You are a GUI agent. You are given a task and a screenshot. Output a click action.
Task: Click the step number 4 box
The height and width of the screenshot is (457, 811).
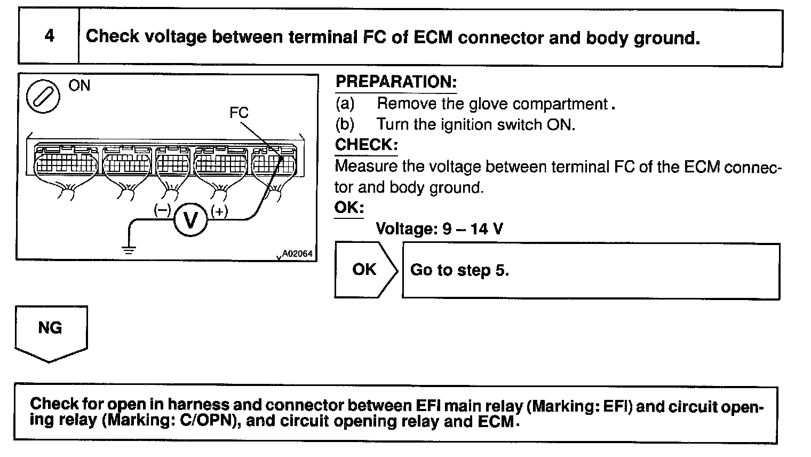click(49, 36)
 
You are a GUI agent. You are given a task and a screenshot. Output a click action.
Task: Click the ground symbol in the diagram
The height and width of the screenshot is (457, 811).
click(128, 248)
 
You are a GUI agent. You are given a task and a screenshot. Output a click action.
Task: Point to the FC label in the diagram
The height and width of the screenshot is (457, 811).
click(238, 113)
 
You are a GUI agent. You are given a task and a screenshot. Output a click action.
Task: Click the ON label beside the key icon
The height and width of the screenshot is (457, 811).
click(79, 85)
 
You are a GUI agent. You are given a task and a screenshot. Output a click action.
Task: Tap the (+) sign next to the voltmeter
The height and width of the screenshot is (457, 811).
click(219, 211)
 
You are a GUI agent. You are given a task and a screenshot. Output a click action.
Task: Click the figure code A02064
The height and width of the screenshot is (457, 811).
click(297, 254)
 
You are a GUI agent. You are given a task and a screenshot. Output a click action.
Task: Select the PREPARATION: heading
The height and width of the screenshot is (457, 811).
click(396, 82)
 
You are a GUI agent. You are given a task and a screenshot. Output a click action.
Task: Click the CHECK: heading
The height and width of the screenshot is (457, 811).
click(366, 145)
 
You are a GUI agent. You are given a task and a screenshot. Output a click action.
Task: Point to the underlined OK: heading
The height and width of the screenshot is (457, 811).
click(349, 208)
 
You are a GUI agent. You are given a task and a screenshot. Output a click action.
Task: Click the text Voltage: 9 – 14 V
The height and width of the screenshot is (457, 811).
click(439, 229)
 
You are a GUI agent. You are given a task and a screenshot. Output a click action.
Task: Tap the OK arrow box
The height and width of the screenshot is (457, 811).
click(365, 270)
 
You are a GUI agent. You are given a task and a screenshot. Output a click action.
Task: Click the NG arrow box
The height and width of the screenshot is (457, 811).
click(51, 331)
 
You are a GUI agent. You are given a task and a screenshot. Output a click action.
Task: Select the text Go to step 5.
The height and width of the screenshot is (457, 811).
click(459, 270)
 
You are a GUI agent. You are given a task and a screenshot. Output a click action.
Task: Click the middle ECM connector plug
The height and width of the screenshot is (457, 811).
click(172, 163)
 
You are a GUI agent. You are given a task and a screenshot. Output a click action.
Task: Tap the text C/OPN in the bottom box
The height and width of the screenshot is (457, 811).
click(204, 421)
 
